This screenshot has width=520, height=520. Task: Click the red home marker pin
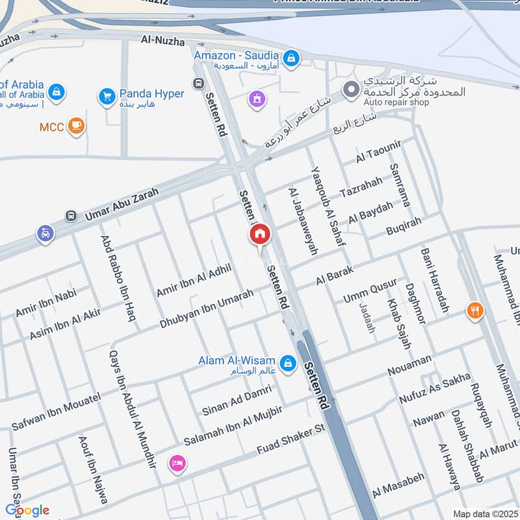pos(259,235)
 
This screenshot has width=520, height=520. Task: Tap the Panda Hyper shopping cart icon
pos(107,97)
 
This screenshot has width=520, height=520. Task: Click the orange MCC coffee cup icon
pos(77,126)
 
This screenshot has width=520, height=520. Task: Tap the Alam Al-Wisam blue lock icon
pos(288,362)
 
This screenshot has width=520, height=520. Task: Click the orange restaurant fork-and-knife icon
pos(475,311)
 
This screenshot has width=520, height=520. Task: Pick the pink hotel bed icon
pos(176,463)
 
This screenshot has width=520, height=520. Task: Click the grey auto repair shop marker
pos(352,88)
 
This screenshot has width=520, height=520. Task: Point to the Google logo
pos(27,510)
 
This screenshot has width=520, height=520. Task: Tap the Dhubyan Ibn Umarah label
pos(207,308)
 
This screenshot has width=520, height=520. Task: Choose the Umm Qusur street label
pos(370,291)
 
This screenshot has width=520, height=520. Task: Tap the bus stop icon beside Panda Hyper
pos(198,83)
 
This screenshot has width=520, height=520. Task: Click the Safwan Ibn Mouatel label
pos(56,411)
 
